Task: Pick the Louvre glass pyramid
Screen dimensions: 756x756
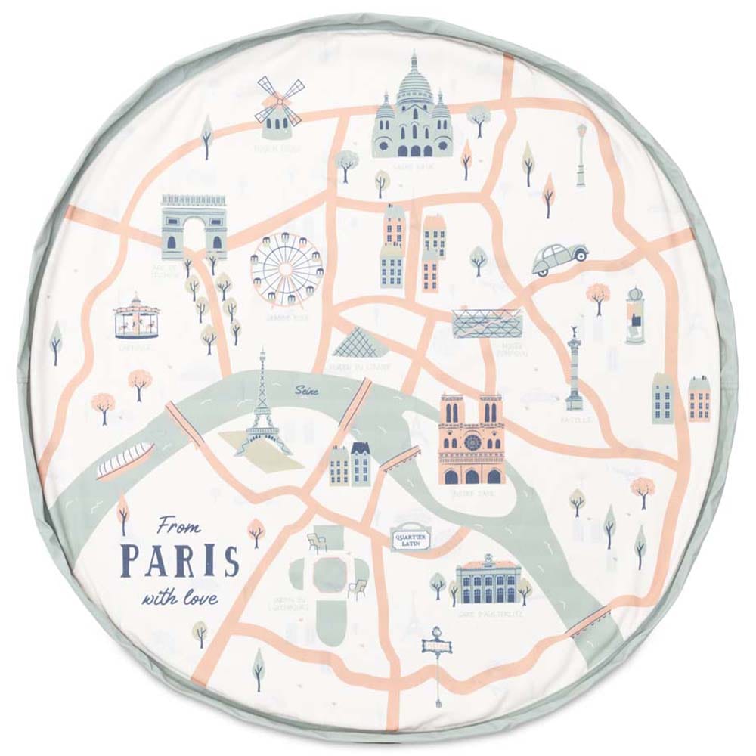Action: click(x=358, y=344)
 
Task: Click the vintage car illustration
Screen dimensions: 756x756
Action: click(x=560, y=257)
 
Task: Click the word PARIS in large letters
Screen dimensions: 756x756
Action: click(x=181, y=560)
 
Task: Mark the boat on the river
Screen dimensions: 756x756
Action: click(x=125, y=460)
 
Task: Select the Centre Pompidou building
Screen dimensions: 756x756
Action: click(x=487, y=323)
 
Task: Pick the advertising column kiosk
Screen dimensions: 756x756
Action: click(x=635, y=315)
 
